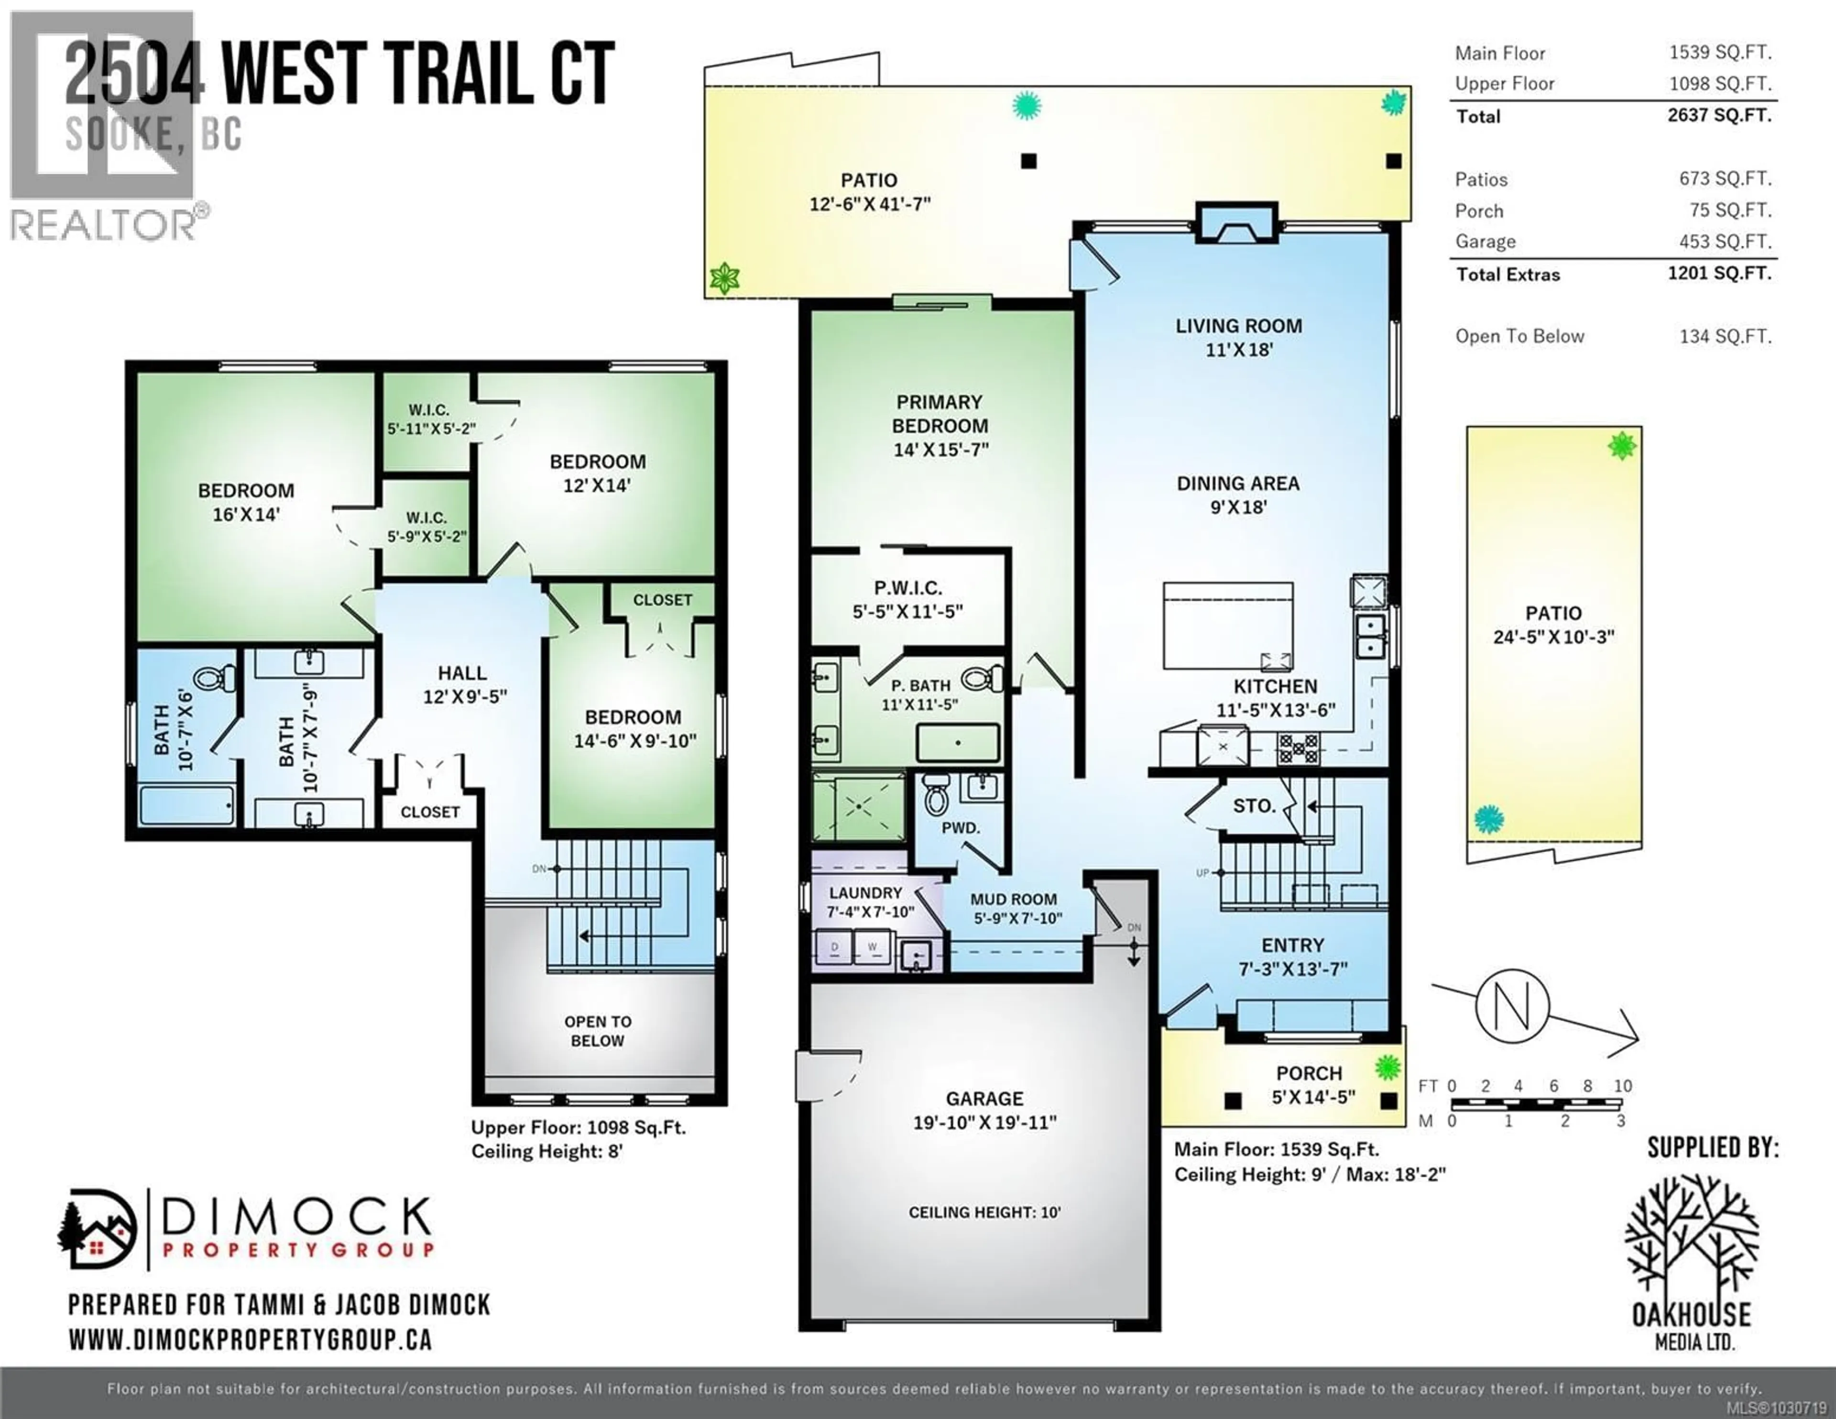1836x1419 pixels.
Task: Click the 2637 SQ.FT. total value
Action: [x=1719, y=115]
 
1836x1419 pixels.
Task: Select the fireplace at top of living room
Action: [x=1237, y=224]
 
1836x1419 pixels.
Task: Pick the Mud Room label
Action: [x=1013, y=899]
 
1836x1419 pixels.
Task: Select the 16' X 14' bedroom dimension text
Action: [x=245, y=514]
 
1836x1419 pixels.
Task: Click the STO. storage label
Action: [x=1254, y=806]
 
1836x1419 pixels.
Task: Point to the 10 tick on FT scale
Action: [x=1622, y=1086]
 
